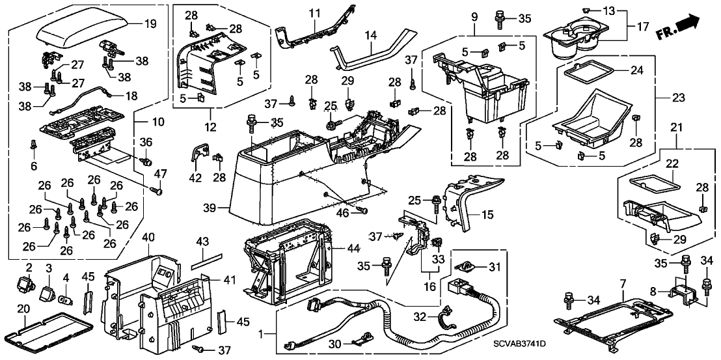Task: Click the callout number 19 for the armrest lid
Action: pos(150,25)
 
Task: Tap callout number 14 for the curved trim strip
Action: pos(372,38)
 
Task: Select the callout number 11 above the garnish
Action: pos(315,13)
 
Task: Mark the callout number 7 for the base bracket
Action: pos(622,284)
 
